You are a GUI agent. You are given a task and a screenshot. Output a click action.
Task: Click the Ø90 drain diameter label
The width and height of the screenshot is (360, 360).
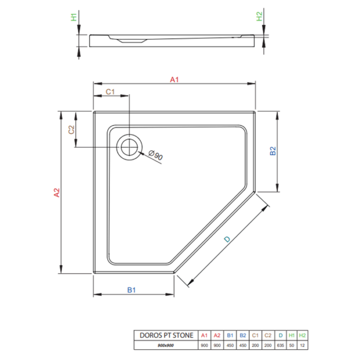click(156, 155)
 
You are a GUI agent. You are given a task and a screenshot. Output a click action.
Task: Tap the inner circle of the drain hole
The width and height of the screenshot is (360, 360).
click(129, 147)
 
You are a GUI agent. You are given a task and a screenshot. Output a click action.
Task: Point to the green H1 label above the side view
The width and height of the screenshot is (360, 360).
click(74, 17)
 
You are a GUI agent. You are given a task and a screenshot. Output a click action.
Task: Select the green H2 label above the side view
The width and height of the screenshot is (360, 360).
click(259, 16)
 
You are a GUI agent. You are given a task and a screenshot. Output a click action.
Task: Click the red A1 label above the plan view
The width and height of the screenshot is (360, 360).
click(174, 80)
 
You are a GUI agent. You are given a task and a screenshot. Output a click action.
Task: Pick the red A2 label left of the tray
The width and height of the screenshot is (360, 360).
click(57, 193)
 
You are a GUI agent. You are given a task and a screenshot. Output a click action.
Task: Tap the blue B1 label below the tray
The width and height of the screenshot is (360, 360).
click(131, 290)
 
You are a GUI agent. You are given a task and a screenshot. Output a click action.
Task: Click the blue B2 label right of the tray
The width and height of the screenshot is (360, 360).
click(273, 151)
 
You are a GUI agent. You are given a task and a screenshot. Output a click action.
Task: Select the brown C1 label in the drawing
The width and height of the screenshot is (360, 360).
click(110, 92)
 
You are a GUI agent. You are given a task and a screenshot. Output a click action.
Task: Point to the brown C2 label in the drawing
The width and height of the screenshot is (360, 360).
click(71, 130)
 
